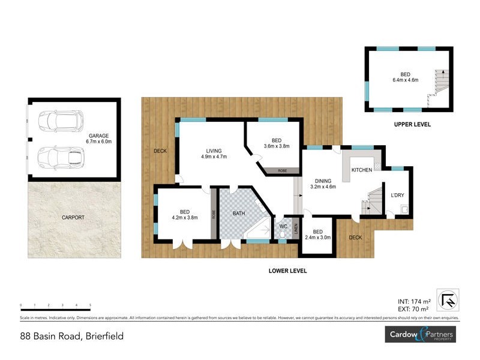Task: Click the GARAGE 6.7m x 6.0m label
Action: click(97, 139)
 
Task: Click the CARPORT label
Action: click(73, 217)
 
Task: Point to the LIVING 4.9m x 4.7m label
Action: click(214, 154)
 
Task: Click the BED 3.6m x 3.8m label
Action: click(276, 143)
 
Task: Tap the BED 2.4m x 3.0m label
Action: click(317, 235)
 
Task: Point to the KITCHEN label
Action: click(362, 170)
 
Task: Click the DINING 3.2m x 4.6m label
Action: click(322, 184)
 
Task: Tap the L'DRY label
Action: click(397, 195)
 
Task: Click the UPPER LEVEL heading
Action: click(412, 125)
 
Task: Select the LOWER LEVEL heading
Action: click(287, 271)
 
